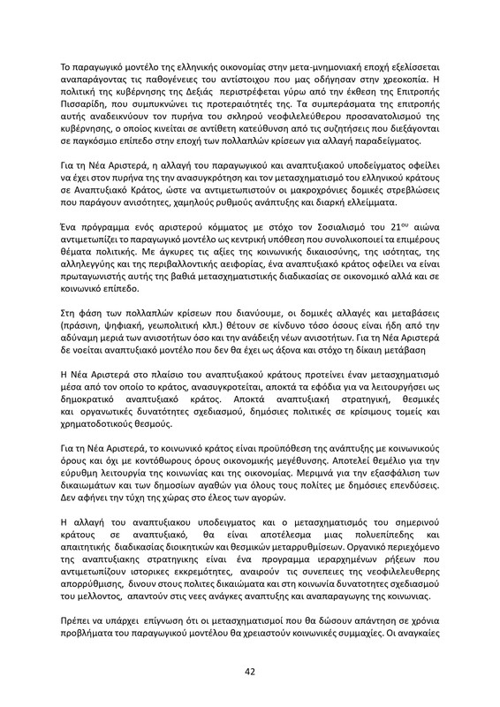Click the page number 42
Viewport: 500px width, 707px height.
(250, 671)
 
